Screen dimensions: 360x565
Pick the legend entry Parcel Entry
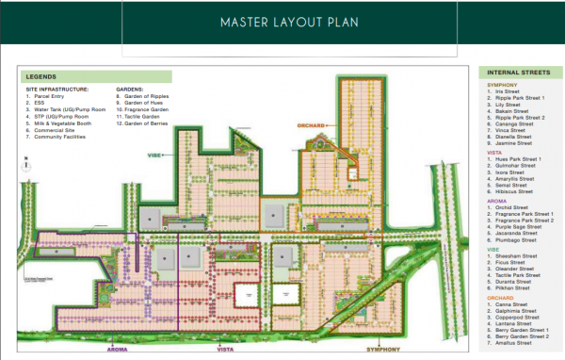47,95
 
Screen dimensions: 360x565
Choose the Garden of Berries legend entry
141,124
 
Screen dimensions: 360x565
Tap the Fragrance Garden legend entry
142,109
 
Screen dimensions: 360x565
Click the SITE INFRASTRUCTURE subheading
58,89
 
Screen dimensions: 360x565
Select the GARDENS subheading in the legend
130,89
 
